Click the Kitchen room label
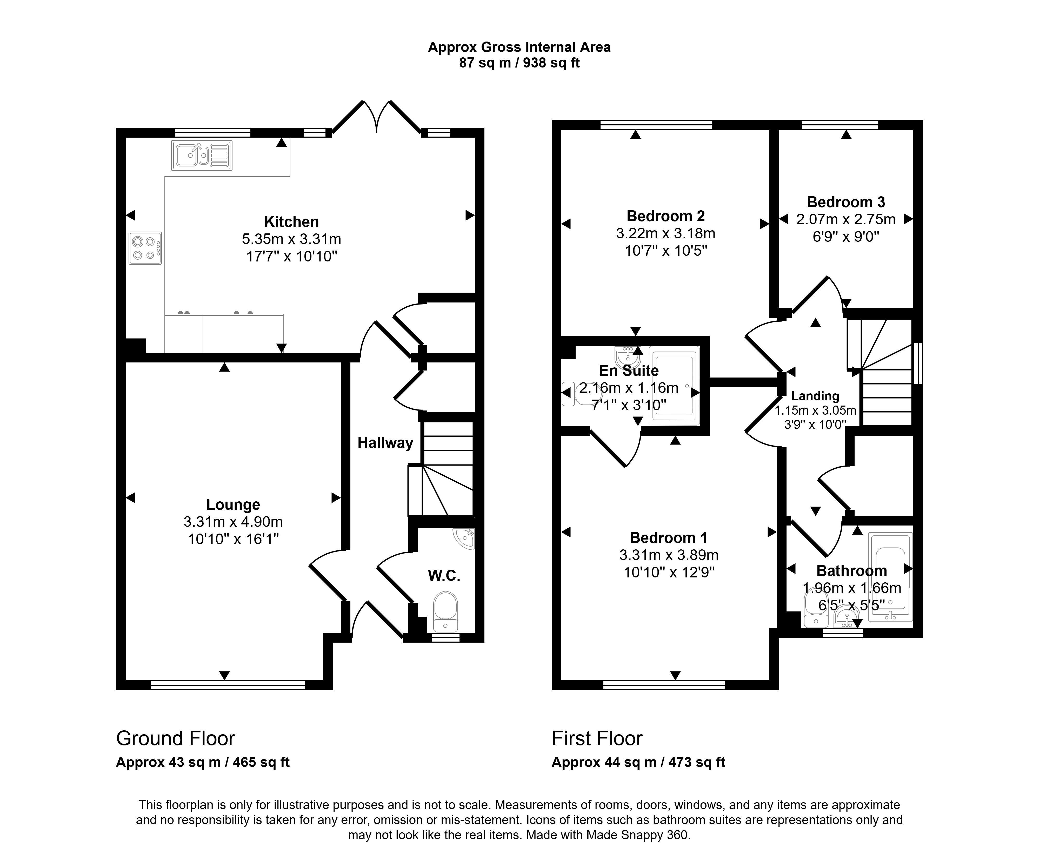291,221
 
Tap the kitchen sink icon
202,155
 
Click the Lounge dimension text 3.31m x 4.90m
233,522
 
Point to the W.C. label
444,576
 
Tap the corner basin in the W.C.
465,538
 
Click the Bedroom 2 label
665,216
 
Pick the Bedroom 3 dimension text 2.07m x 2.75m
845,219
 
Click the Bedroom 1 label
668,537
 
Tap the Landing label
815,396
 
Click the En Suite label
629,371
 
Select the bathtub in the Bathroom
890,577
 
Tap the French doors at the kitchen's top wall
377,117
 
